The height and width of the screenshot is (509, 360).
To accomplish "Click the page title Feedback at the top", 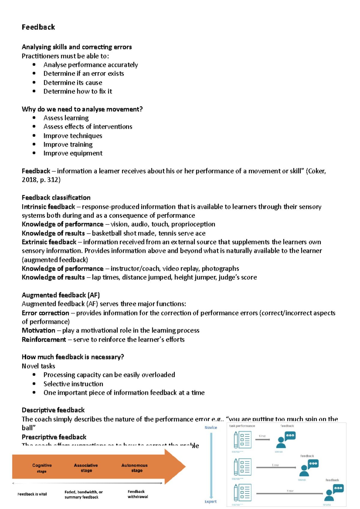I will click(38, 27).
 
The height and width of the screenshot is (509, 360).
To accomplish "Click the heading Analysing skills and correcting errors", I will click(76, 47).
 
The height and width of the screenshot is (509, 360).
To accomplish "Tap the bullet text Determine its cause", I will click(73, 83).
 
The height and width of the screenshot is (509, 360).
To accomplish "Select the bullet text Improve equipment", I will click(73, 153).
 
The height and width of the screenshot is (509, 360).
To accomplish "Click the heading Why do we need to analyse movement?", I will click(82, 109).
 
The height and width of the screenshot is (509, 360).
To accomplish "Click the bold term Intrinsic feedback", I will click(48, 207).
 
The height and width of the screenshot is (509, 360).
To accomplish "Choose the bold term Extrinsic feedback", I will click(49, 242).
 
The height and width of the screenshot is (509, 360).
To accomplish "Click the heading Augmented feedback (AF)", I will click(61, 295).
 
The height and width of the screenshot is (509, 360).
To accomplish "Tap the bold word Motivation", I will click(38, 331).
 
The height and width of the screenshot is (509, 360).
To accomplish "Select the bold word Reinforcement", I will click(44, 340).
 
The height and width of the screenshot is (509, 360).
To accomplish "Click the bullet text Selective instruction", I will click(73, 384).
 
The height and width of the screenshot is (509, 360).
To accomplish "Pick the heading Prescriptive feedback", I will click(54, 437).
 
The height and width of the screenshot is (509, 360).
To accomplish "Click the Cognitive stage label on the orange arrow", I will click(42, 468).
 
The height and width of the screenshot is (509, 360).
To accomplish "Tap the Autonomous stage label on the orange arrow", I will click(134, 468).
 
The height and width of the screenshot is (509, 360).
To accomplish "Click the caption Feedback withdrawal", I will click(138, 494).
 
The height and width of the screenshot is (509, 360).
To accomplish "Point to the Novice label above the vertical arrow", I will click(211, 428).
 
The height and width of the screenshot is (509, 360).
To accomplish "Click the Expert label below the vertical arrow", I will click(211, 502).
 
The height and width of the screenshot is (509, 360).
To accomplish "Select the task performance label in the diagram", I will click(242, 426).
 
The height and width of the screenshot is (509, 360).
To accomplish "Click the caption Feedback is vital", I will click(32, 494).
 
